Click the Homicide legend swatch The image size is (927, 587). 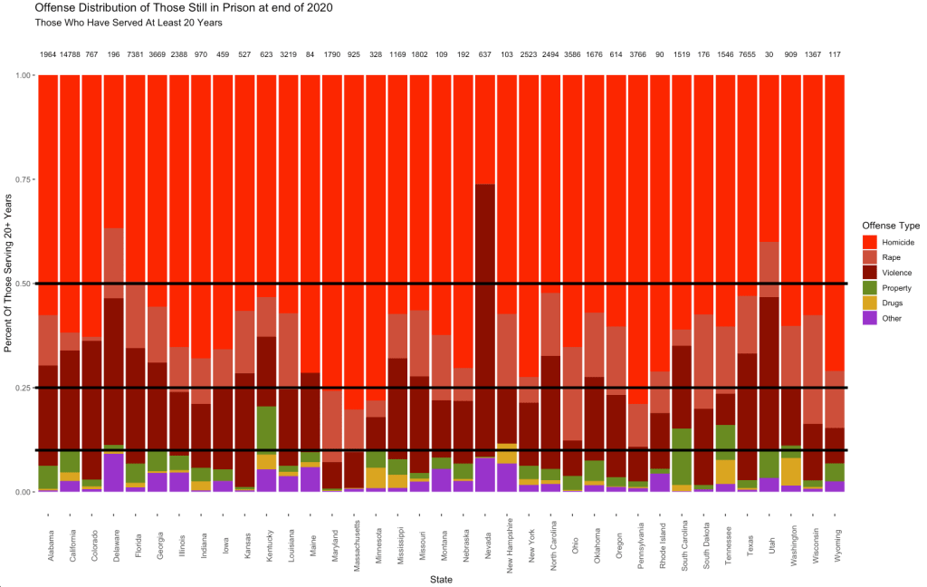[x=870, y=243]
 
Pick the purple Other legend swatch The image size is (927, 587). [x=870, y=318]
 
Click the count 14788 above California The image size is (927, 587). [x=71, y=55]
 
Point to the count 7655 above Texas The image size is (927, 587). [x=748, y=55]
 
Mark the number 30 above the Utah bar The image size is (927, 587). [x=769, y=55]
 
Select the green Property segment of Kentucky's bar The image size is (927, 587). [x=267, y=429]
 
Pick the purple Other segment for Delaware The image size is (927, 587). [x=114, y=472]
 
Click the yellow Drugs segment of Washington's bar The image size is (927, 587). [x=791, y=471]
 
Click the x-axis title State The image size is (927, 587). [x=442, y=579]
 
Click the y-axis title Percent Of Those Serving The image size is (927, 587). [x=10, y=284]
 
